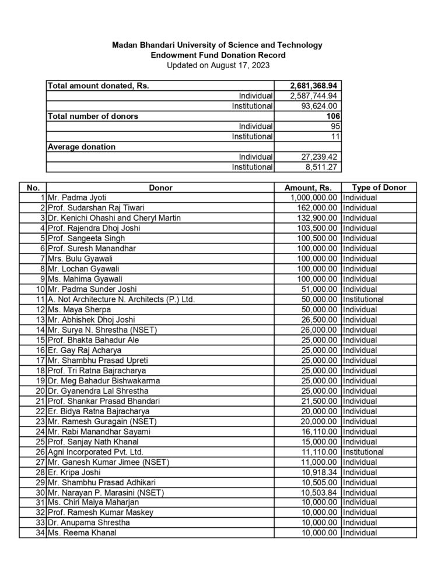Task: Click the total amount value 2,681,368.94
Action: (x=315, y=86)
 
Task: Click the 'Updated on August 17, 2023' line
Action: (x=218, y=65)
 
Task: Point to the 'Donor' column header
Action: (x=160, y=188)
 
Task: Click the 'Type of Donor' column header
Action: (x=379, y=188)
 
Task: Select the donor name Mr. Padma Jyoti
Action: (x=78, y=198)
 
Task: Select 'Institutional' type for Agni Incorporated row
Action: (x=362, y=451)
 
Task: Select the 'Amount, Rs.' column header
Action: (x=307, y=188)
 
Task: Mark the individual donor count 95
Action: (x=335, y=126)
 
